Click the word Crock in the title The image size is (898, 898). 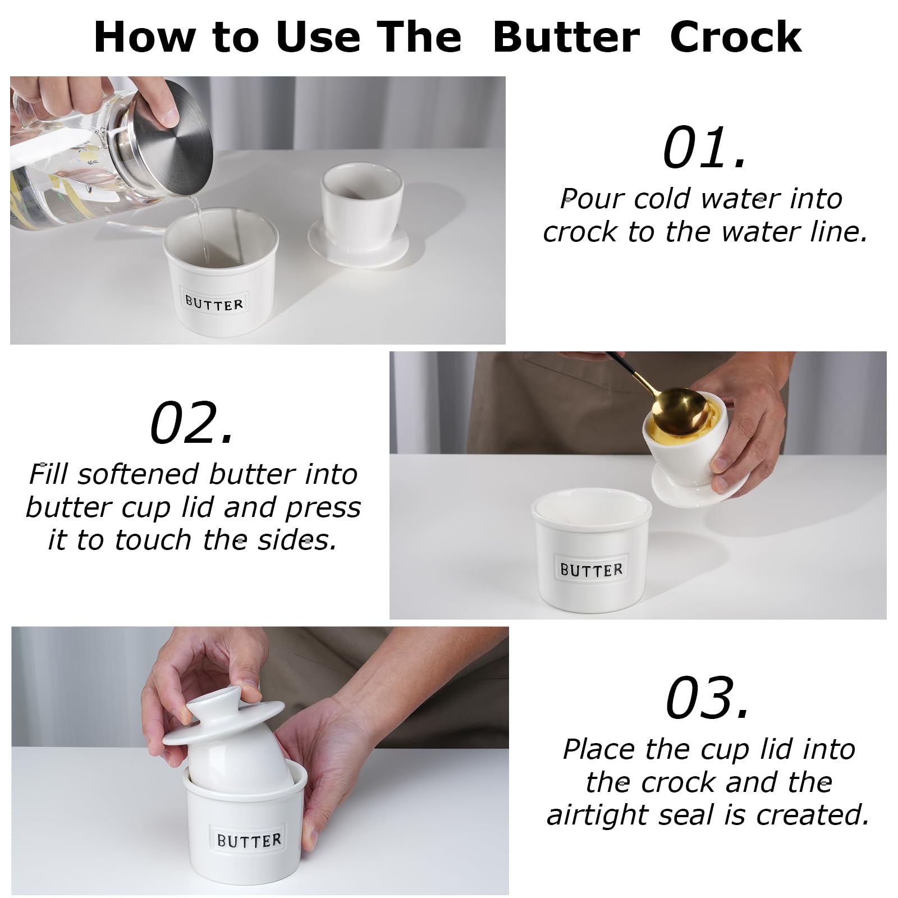pos(736,37)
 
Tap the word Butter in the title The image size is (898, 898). pos(566,37)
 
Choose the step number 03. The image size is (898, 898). pos(707,698)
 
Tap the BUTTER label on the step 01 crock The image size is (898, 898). pos(214,304)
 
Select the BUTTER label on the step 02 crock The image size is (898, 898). pos(592,570)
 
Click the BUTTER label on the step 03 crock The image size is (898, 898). pos(249,840)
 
